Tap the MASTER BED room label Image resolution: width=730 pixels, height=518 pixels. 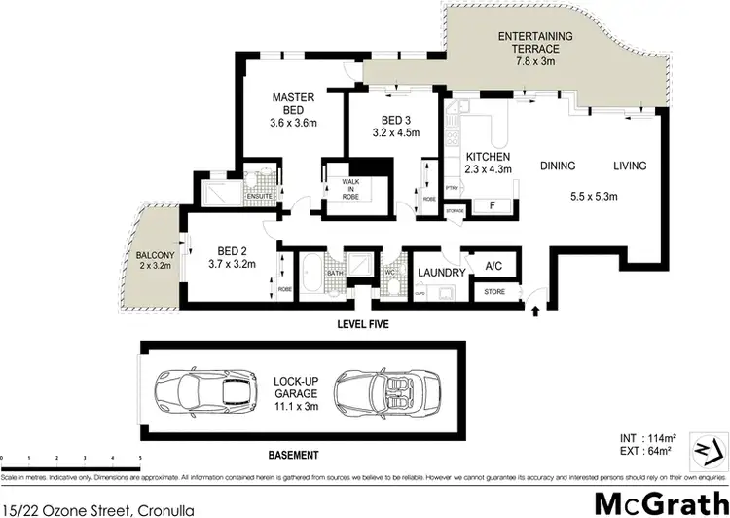293,97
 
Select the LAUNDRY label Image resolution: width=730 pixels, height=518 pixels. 441,273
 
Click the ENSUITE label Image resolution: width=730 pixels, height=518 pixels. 258,196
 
